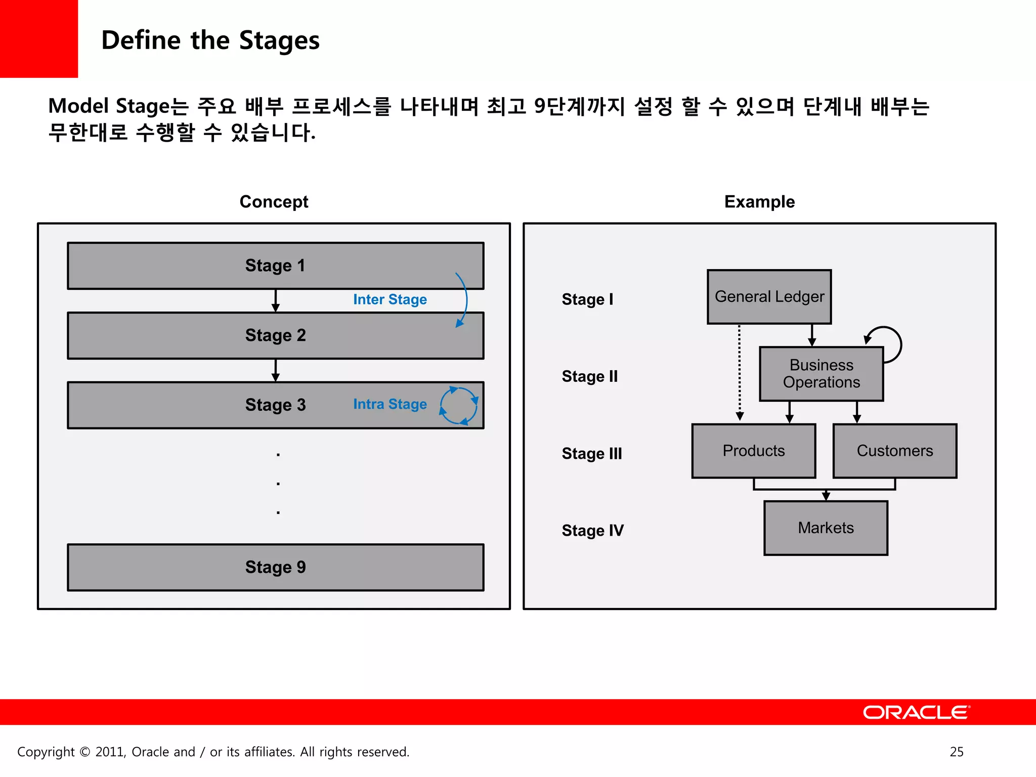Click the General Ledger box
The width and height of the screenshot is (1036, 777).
pos(769,296)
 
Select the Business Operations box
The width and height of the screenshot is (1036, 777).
pos(821,374)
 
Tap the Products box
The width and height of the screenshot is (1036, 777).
pos(753,451)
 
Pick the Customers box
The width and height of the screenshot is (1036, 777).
pos(894,451)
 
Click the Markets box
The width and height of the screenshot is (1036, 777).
pos(826,528)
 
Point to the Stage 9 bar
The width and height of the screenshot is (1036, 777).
pos(276,567)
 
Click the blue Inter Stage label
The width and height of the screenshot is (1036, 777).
pos(390,299)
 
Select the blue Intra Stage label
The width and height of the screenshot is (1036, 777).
pos(390,404)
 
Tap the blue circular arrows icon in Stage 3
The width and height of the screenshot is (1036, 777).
pos(459,406)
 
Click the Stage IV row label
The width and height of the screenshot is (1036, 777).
pos(592,530)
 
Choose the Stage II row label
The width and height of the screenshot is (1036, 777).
pos(589,376)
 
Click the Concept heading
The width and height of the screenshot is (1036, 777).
pos(274,202)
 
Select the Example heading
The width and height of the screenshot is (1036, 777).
pos(759,202)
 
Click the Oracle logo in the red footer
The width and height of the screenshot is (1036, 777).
pos(916,712)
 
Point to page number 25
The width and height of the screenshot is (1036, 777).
pos(956,752)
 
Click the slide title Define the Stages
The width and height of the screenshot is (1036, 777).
pos(210,40)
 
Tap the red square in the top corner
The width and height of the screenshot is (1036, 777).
pos(38,38)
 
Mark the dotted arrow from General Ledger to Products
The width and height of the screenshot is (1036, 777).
pos(739,372)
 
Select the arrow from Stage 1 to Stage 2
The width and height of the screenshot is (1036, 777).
pos(275,300)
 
